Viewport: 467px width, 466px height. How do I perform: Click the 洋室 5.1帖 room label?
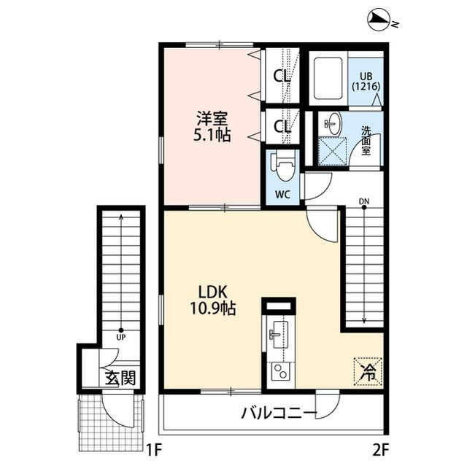point(212,126)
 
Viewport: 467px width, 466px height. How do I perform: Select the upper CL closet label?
point(282,76)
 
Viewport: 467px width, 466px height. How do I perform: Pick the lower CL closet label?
point(282,126)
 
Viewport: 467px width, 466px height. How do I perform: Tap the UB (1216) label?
point(365,80)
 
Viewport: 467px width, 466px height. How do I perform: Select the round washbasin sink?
point(332,123)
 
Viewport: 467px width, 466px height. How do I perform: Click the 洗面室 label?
point(368,140)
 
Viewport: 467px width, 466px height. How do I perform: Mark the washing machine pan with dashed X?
point(333,152)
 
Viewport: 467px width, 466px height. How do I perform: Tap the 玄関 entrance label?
point(120,378)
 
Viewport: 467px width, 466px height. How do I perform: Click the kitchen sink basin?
point(278,335)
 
